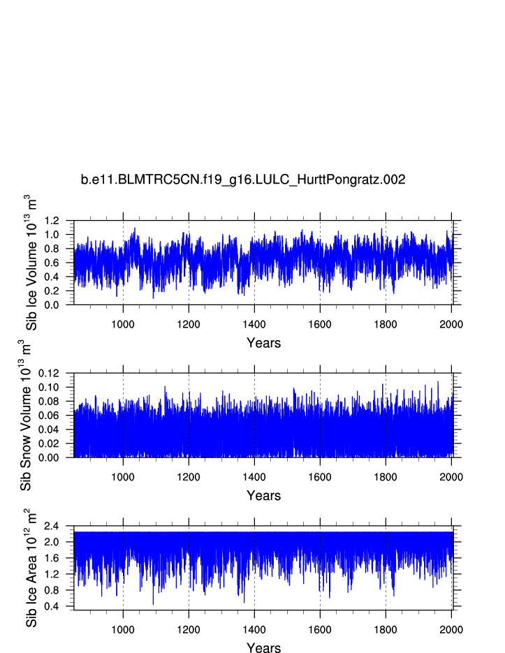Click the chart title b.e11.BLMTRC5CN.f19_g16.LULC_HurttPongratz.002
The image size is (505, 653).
(243, 180)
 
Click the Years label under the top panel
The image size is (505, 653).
(263, 343)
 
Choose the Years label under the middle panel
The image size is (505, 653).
(263, 495)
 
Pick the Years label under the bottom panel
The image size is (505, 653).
(263, 647)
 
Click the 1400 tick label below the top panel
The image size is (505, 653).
(254, 324)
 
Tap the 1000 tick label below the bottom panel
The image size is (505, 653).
(123, 629)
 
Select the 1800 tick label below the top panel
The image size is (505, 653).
(386, 324)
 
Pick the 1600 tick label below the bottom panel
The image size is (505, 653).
(320, 629)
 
